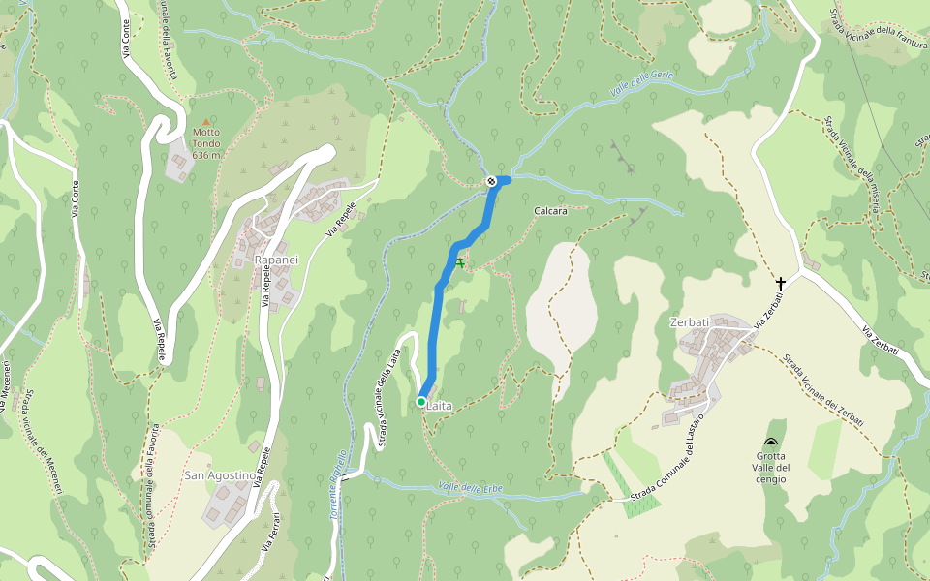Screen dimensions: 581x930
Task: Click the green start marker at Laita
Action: tap(421, 401)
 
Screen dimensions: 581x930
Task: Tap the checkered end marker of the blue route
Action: tap(491, 181)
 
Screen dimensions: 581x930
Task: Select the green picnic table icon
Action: tap(459, 262)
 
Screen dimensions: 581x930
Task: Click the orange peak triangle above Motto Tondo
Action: tap(205, 121)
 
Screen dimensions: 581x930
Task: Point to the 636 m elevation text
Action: tap(206, 155)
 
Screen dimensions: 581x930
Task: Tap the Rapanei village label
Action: tap(276, 260)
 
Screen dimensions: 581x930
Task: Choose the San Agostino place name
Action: tap(220, 475)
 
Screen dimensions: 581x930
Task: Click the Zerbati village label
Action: tap(689, 321)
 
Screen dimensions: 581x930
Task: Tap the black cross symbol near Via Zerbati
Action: tap(781, 283)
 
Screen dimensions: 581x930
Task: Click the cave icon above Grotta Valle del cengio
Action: tap(772, 442)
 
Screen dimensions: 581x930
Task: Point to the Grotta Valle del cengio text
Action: tap(771, 468)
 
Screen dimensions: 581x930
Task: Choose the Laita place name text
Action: tap(440, 406)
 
